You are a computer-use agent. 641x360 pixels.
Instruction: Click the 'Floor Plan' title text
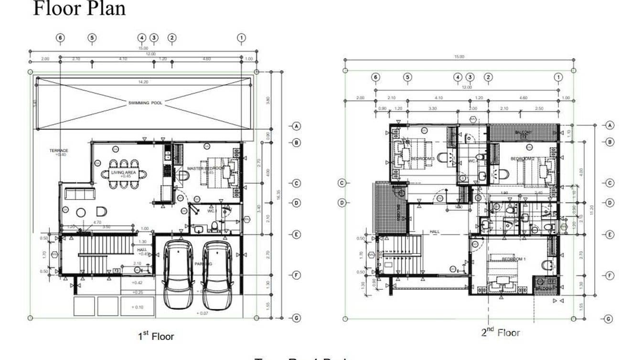coord(79,9)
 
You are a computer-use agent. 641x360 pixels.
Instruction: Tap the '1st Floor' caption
coord(156,336)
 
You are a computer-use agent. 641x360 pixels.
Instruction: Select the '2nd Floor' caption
coord(500,332)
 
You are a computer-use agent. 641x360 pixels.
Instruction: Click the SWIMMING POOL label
coord(145,103)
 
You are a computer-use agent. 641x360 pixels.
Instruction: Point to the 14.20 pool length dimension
coord(143,82)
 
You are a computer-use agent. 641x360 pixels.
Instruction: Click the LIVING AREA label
coord(124,172)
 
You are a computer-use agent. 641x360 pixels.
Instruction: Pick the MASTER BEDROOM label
coord(205,169)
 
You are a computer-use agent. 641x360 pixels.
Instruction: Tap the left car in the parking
coord(179,274)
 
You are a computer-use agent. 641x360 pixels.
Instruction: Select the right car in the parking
coord(217,274)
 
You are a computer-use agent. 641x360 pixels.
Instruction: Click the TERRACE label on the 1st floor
coord(59,151)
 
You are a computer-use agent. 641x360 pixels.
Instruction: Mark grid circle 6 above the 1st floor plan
coord(60,38)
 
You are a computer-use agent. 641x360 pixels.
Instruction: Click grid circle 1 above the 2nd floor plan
coord(558,77)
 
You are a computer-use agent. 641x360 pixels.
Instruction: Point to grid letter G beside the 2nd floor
coord(609,319)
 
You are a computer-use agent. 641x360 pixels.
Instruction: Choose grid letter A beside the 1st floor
coord(296,126)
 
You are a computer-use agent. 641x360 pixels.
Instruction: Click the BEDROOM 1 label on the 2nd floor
coord(513,259)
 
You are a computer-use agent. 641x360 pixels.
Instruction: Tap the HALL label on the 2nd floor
coord(434,232)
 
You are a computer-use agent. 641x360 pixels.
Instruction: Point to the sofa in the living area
coord(80,194)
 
